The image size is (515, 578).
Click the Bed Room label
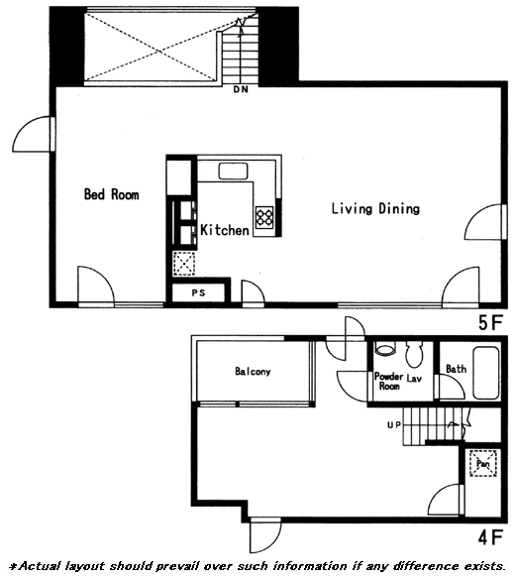click(112, 194)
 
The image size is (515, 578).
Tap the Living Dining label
click(375, 208)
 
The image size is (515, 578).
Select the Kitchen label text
click(225, 230)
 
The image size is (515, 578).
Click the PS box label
click(198, 293)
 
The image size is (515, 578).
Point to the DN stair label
click(241, 89)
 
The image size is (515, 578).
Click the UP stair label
click(394, 425)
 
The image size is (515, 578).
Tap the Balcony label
click(253, 371)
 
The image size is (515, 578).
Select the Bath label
click(457, 369)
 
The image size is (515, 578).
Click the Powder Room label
click(389, 381)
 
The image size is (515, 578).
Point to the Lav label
click(414, 378)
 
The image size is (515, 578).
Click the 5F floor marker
click(490, 323)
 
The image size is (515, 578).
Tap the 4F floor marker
click(490, 537)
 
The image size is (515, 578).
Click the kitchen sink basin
click(233, 172)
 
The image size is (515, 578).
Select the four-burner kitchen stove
click(264, 217)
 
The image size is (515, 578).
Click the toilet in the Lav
click(415, 354)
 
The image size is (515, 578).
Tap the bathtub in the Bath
click(486, 373)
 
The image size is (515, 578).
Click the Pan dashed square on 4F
click(483, 463)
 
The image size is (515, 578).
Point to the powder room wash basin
click(385, 349)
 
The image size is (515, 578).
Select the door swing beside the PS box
click(254, 291)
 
